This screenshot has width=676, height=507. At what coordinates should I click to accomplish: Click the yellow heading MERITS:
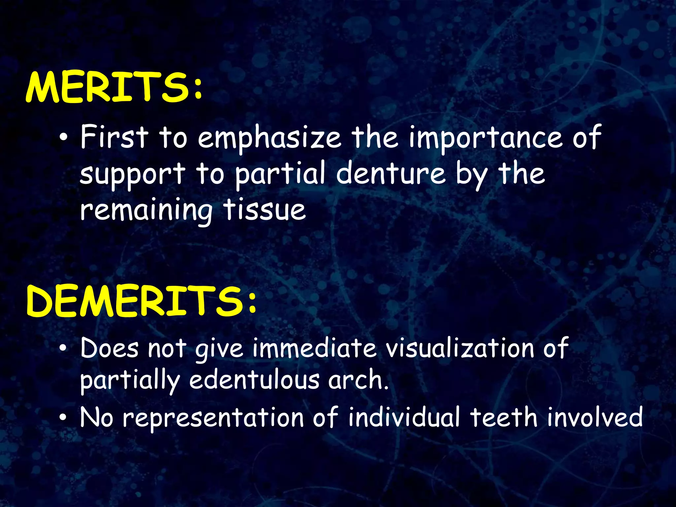pos(114,87)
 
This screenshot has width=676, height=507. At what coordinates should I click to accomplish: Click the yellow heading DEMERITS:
pos(141,301)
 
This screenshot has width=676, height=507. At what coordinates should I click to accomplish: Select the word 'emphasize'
pos(269,138)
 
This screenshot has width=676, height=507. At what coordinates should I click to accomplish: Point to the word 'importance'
pos(485,138)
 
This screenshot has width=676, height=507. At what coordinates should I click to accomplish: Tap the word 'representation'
pos(213,418)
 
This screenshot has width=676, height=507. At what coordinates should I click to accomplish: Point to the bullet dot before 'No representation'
pos(63,418)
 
